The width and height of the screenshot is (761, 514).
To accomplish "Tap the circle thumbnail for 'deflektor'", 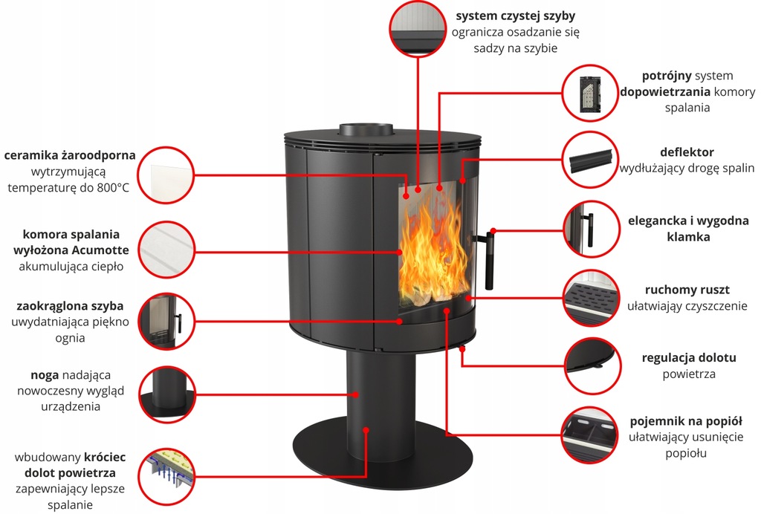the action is point(591,160).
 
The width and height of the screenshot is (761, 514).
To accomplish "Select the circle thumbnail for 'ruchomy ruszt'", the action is point(591,297).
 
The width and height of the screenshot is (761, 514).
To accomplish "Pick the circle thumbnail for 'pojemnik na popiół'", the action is point(591,435).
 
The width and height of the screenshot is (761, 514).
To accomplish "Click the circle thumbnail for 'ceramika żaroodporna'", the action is point(167,174).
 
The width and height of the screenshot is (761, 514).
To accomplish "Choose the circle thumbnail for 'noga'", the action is point(167,394).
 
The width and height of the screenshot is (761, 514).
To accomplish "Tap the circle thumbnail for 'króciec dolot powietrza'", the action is point(167,474).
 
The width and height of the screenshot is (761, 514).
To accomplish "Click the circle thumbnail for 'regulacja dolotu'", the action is point(591,365).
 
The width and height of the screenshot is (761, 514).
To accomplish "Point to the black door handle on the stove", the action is point(488,260).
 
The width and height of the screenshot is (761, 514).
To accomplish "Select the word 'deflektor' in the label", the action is point(686,152).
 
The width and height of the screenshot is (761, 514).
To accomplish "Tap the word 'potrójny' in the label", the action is point(667,76).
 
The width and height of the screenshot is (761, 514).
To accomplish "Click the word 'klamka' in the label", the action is point(688,237).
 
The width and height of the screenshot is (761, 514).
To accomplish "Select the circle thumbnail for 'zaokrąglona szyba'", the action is point(167,321).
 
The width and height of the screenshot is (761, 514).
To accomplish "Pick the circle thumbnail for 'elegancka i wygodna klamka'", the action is point(591,229).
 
